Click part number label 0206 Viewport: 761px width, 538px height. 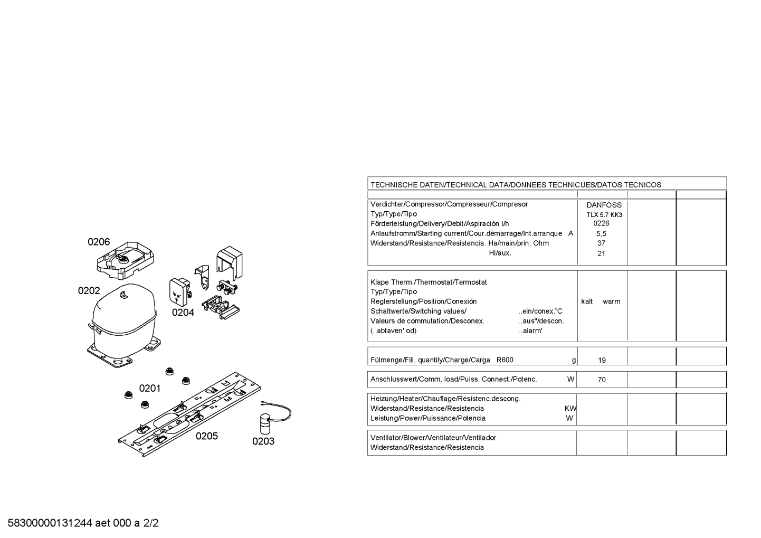pos(99,242)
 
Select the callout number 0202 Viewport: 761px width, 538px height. pos(89,291)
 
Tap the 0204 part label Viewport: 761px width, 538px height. pos(183,313)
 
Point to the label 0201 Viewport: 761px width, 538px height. pos(150,389)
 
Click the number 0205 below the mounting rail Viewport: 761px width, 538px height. pos(207,436)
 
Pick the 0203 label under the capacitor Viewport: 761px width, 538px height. pos(263,441)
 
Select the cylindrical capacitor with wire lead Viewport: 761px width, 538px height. pos(265,424)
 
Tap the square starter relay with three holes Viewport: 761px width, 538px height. pos(179,292)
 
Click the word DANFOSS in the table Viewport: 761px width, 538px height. pos(604,205)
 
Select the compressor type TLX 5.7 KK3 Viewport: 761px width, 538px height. pos(604,215)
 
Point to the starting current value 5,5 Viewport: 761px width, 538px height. pos(601,234)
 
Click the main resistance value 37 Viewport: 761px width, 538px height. pos(601,243)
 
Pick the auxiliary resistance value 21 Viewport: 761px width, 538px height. pos(601,253)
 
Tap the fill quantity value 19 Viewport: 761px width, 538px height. pos(602,360)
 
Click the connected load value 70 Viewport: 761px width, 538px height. pos(602,380)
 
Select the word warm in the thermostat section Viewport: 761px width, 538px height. pos(612,301)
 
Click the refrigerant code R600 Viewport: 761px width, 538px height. pos(505,360)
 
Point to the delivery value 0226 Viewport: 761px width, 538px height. pos(601,223)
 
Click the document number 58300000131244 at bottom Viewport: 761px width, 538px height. pos(50,523)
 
